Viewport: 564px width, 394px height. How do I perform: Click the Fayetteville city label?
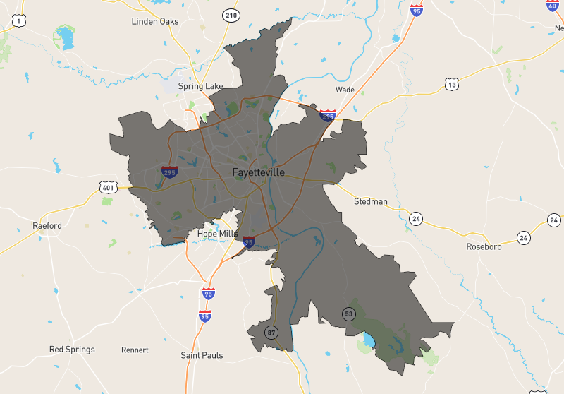click(x=258, y=172)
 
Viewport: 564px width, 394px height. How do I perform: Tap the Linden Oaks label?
click(x=155, y=21)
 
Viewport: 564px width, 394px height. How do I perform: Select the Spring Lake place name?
click(x=200, y=86)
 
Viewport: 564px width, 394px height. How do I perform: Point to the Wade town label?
click(x=345, y=90)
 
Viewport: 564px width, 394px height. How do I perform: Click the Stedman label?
click(x=370, y=201)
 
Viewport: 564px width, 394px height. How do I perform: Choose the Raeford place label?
click(x=47, y=226)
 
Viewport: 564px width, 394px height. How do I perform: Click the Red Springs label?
click(x=72, y=350)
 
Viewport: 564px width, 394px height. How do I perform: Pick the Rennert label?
click(x=135, y=350)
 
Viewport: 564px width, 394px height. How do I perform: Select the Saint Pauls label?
click(x=202, y=355)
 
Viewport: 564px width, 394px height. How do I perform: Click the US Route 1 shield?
click(x=18, y=21)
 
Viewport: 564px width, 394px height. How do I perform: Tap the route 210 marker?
click(x=231, y=15)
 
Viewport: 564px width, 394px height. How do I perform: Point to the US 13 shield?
click(x=451, y=85)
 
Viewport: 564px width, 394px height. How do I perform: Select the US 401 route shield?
click(x=107, y=187)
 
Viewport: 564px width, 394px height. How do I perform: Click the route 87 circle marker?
click(x=271, y=331)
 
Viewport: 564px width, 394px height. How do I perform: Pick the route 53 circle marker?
click(x=348, y=313)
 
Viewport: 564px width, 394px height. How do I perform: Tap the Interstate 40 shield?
click(x=552, y=5)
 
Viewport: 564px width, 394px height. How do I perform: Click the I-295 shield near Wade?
click(x=327, y=116)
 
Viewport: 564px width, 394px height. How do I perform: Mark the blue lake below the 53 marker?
click(x=368, y=342)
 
